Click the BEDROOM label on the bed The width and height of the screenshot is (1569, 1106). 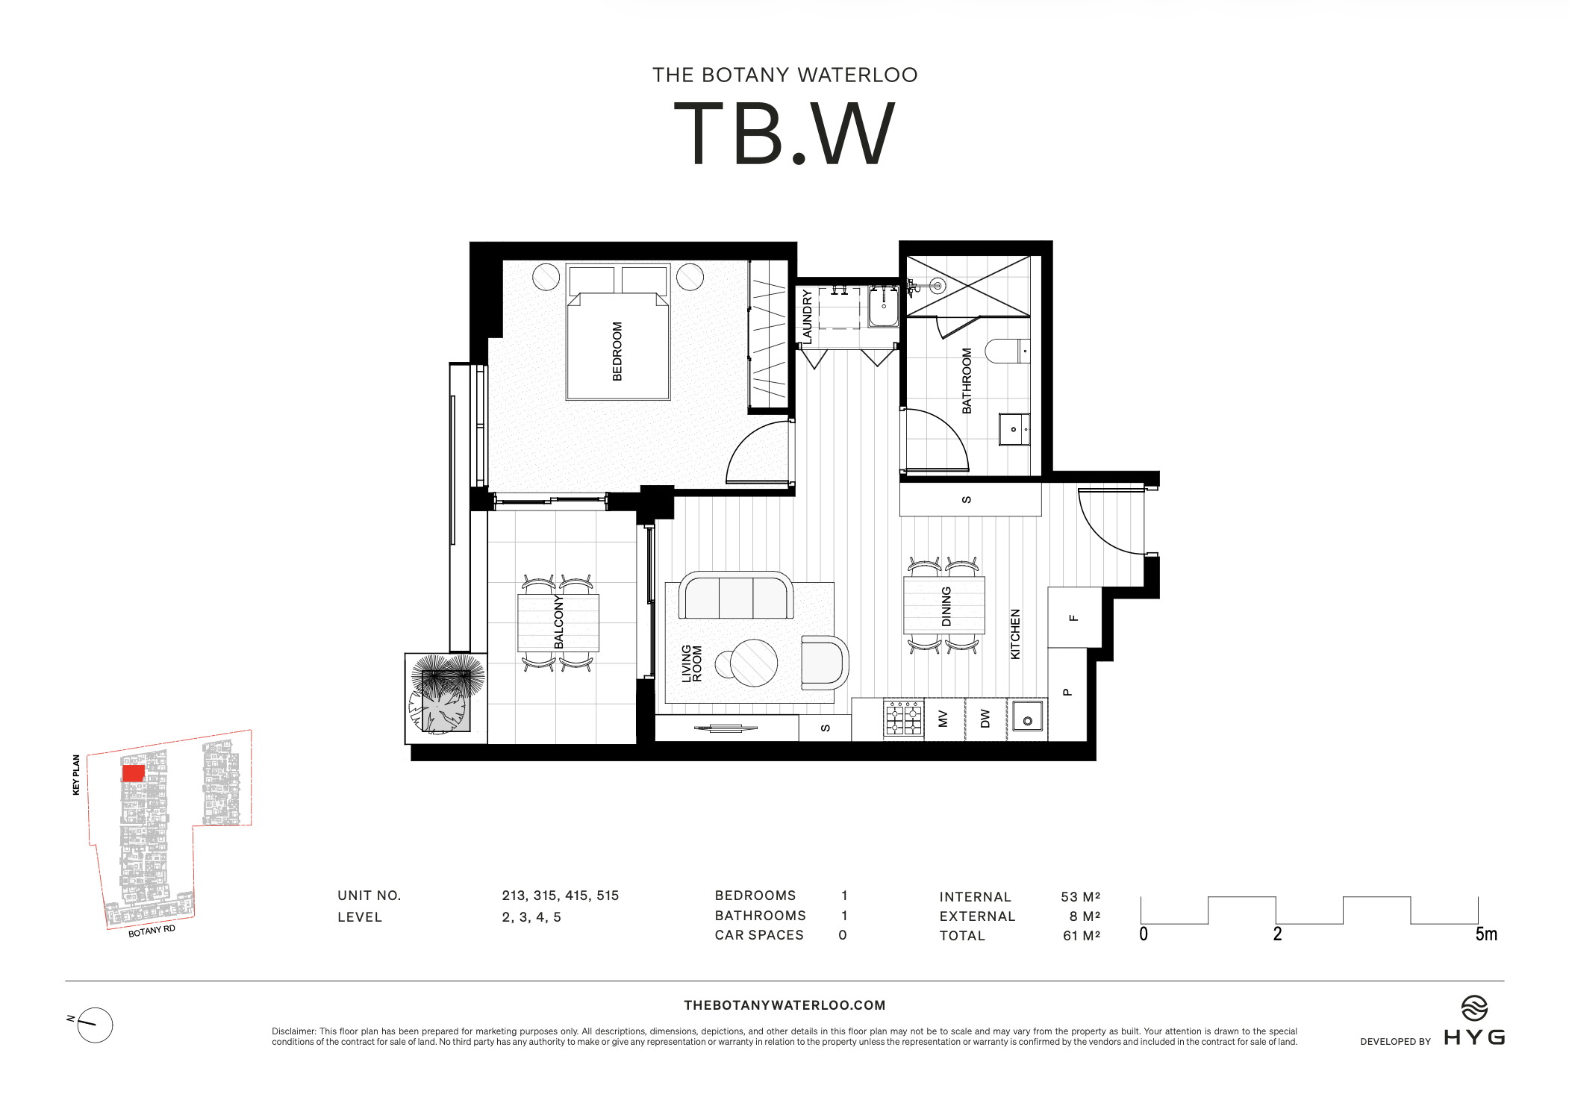[617, 352]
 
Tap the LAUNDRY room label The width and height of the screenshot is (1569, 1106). [807, 316]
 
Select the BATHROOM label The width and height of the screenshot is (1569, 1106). [967, 381]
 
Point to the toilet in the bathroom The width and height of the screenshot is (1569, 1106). [1006, 351]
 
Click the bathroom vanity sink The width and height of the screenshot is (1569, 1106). [1014, 429]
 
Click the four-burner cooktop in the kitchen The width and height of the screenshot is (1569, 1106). [903, 719]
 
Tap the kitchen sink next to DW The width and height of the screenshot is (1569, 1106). [1027, 719]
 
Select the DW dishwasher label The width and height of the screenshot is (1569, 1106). [985, 719]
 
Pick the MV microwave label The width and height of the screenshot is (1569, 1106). [943, 719]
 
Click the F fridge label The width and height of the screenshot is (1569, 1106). [1074, 618]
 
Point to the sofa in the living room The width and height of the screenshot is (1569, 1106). [735, 596]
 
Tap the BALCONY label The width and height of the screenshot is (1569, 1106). [558, 622]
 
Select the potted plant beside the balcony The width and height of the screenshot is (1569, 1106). [445, 696]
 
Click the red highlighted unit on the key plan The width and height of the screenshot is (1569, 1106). [133, 773]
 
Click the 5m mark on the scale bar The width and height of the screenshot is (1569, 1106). [1485, 934]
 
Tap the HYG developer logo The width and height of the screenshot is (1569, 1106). [1474, 1024]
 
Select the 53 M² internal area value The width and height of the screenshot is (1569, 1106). [1080, 896]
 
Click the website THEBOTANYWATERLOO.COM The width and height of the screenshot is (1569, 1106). [784, 1005]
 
